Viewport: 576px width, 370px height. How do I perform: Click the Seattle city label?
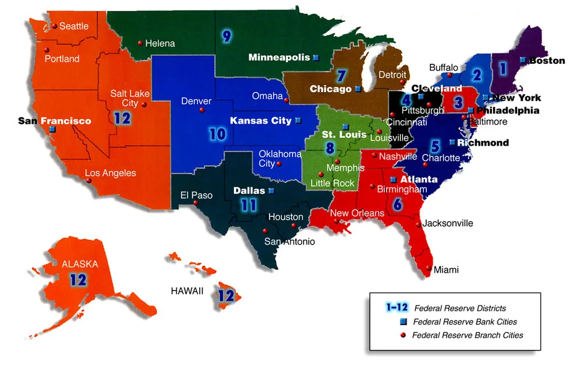74,26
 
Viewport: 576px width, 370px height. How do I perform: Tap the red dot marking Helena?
140,43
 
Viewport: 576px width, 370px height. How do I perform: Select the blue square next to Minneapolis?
316,58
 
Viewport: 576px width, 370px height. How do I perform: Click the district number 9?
226,37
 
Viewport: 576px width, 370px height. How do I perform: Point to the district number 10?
217,134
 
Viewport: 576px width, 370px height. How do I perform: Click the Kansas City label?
260,121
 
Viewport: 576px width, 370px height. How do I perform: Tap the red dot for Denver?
202,110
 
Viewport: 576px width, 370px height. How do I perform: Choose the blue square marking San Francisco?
52,130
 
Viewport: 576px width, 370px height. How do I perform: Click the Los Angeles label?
111,173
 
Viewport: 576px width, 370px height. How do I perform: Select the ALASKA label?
80,264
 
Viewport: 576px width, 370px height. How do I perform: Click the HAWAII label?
187,291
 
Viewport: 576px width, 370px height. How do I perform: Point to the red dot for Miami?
429,268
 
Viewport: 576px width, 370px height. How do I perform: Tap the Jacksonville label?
448,223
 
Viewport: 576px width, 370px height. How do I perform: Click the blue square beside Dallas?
271,190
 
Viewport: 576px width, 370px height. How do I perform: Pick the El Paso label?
196,195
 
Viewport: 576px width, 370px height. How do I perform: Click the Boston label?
547,60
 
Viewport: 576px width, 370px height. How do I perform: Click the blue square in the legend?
403,322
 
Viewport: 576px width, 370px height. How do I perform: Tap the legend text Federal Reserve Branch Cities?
468,335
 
